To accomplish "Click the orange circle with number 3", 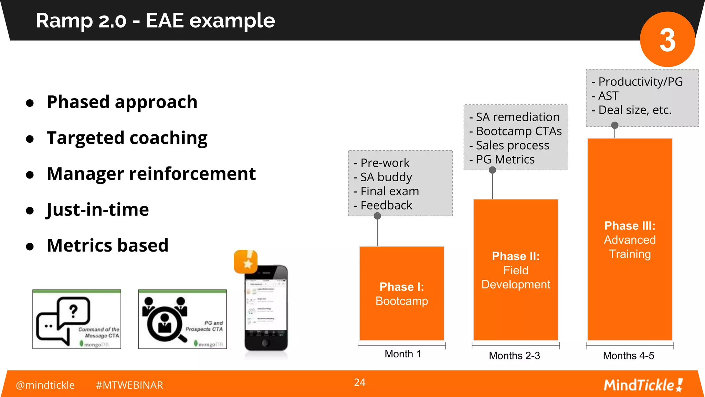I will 667,39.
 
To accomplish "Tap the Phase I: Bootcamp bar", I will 401,294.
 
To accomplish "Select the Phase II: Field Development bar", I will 515,270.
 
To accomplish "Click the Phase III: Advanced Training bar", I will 630,240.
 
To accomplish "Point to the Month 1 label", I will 402,354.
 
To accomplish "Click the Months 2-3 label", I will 514,356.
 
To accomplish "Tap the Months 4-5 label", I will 628,356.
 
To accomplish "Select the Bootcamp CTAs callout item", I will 518,131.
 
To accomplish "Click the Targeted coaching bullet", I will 127,138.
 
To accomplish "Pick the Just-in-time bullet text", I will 98,210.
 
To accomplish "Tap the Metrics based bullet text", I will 107,245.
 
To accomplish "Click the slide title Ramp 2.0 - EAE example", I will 155,21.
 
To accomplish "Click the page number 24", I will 359,383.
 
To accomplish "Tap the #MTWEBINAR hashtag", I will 129,385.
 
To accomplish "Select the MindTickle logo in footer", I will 643,385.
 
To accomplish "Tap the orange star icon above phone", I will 245,262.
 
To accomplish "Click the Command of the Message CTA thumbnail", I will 77,319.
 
